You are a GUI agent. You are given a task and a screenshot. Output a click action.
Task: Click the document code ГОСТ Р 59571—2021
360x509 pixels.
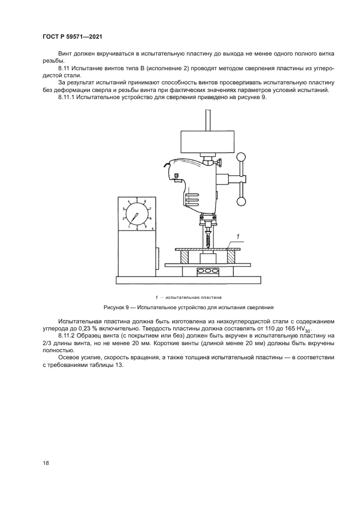click(x=72, y=36)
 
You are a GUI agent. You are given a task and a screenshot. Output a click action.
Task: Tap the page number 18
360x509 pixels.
click(x=46, y=463)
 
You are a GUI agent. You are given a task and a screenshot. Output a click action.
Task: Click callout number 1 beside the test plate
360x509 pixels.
click(x=237, y=235)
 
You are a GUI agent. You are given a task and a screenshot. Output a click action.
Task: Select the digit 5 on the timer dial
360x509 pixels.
click(x=137, y=199)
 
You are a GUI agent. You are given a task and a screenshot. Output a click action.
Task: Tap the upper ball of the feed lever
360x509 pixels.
click(x=241, y=158)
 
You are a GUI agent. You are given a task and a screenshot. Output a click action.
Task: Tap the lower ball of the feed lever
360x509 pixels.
click(x=241, y=203)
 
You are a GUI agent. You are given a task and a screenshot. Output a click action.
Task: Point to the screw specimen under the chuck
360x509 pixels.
click(x=208, y=238)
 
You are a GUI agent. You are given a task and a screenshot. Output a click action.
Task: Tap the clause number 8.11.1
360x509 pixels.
click(x=68, y=97)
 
